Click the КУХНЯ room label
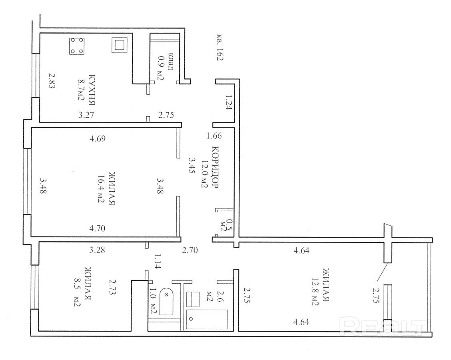(x=92, y=90)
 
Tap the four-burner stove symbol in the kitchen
(x=77, y=46)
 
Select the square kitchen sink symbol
(x=120, y=45)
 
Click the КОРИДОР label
(x=215, y=167)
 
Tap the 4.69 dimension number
(x=98, y=139)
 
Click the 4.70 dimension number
(x=97, y=229)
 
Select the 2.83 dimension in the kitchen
(x=51, y=81)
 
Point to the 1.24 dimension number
(x=229, y=103)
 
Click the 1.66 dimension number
(x=214, y=135)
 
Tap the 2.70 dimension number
(x=190, y=250)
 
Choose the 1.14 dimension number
(x=157, y=261)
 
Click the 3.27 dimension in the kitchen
(x=86, y=115)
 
